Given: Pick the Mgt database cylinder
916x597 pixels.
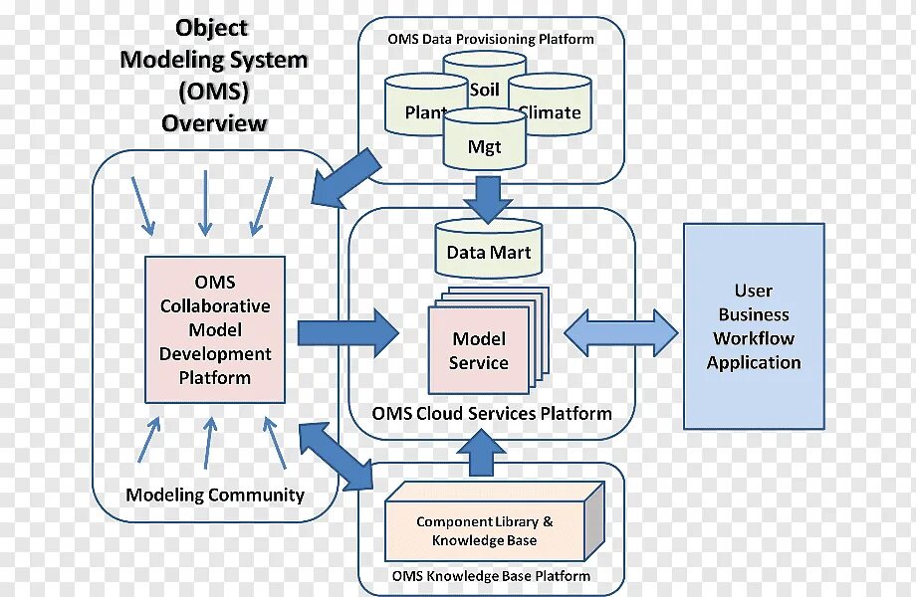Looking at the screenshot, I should pos(484,146).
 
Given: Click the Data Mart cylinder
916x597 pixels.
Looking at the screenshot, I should pos(488,252).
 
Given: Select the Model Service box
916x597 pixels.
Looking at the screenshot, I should pos(478,350).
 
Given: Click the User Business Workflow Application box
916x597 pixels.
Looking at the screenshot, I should pos(754,326).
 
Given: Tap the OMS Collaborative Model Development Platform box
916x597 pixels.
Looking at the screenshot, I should pos(215,329).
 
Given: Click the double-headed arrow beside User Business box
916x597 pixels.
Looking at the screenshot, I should pos(621,331).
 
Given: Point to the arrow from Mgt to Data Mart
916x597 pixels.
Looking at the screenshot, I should pos(488,198).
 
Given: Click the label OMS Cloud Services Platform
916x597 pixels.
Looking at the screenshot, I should pos(491,413).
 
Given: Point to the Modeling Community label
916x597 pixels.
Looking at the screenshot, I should pos(215,495).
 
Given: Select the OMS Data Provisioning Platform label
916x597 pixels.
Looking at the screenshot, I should pos(491,39).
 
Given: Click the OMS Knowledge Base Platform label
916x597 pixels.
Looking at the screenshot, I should pos(491,576).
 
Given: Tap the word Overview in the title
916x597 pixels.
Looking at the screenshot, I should pos(214,123).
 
